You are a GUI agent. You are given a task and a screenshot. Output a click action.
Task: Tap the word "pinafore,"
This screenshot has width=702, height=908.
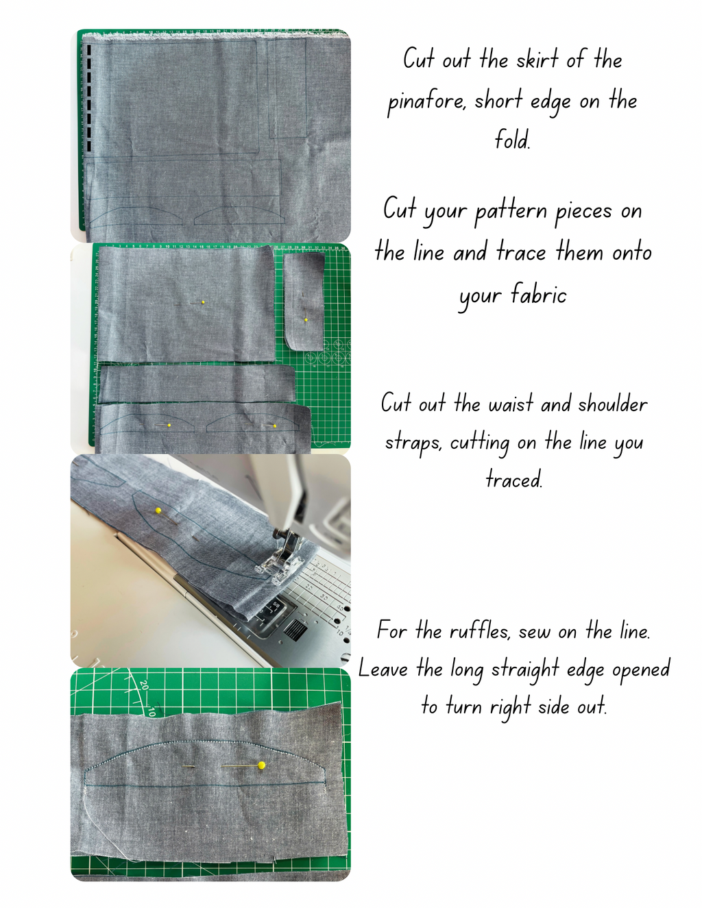426,102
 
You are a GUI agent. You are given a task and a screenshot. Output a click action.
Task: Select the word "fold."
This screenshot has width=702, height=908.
513,140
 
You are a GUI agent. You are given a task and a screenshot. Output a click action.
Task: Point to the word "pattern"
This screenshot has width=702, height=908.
511,212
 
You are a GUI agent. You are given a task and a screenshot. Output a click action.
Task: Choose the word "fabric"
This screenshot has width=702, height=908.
539,295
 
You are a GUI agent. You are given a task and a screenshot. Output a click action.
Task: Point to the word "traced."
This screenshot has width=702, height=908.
514,479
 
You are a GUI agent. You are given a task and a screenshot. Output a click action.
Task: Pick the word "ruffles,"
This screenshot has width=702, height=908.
480,630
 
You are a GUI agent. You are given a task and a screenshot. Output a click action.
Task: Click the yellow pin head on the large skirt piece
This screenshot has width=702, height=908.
203,302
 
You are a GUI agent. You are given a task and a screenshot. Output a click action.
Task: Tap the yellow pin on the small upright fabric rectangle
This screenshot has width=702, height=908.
306,320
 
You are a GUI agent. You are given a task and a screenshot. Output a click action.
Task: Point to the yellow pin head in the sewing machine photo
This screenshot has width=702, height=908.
158,511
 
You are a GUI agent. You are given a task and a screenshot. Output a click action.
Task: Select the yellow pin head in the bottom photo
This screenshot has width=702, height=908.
261,765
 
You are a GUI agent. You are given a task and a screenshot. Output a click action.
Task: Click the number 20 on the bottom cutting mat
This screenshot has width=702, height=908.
144,685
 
